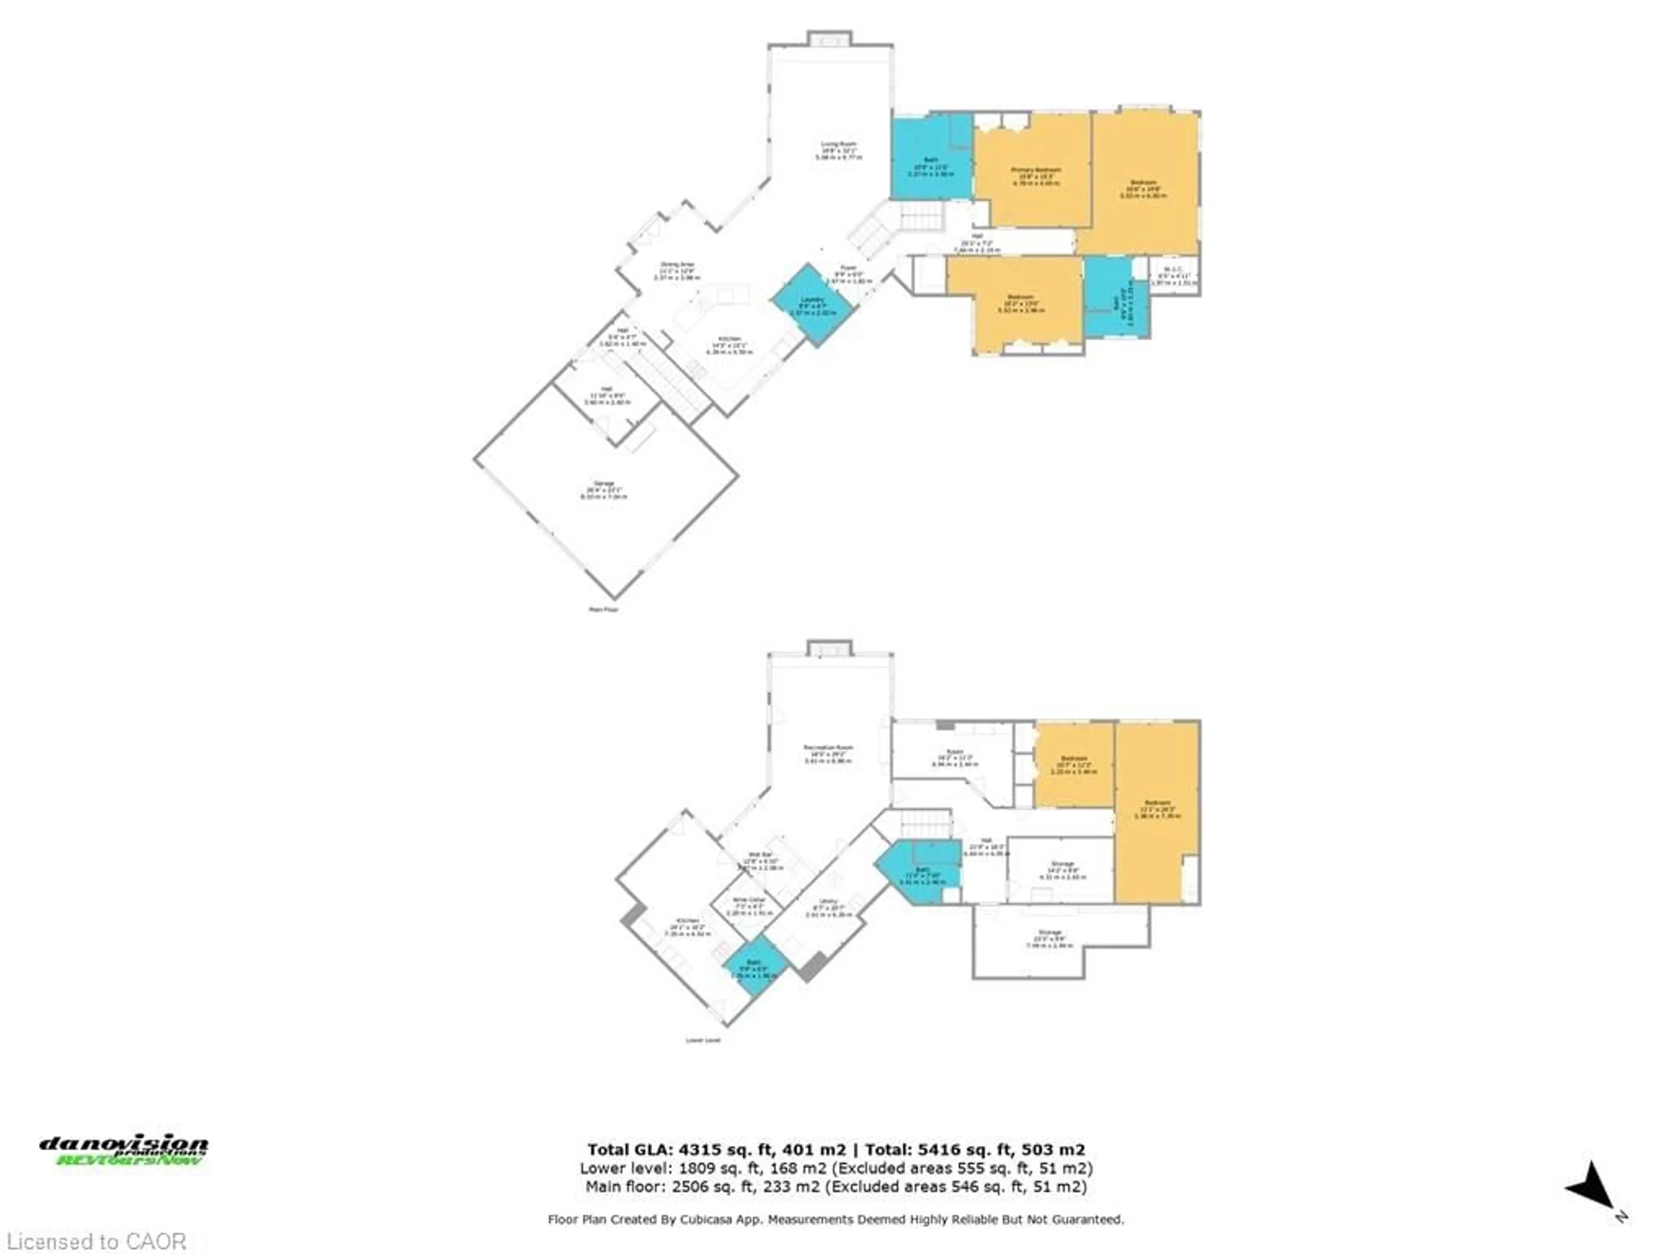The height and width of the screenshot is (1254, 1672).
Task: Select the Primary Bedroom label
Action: tap(1035, 170)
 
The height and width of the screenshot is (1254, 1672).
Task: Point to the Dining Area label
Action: tap(677, 265)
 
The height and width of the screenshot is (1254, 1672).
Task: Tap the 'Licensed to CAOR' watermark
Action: tap(96, 1241)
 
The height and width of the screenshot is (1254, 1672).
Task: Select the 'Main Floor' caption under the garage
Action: tap(603, 609)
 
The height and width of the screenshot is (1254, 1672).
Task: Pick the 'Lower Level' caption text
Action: tap(702, 1040)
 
